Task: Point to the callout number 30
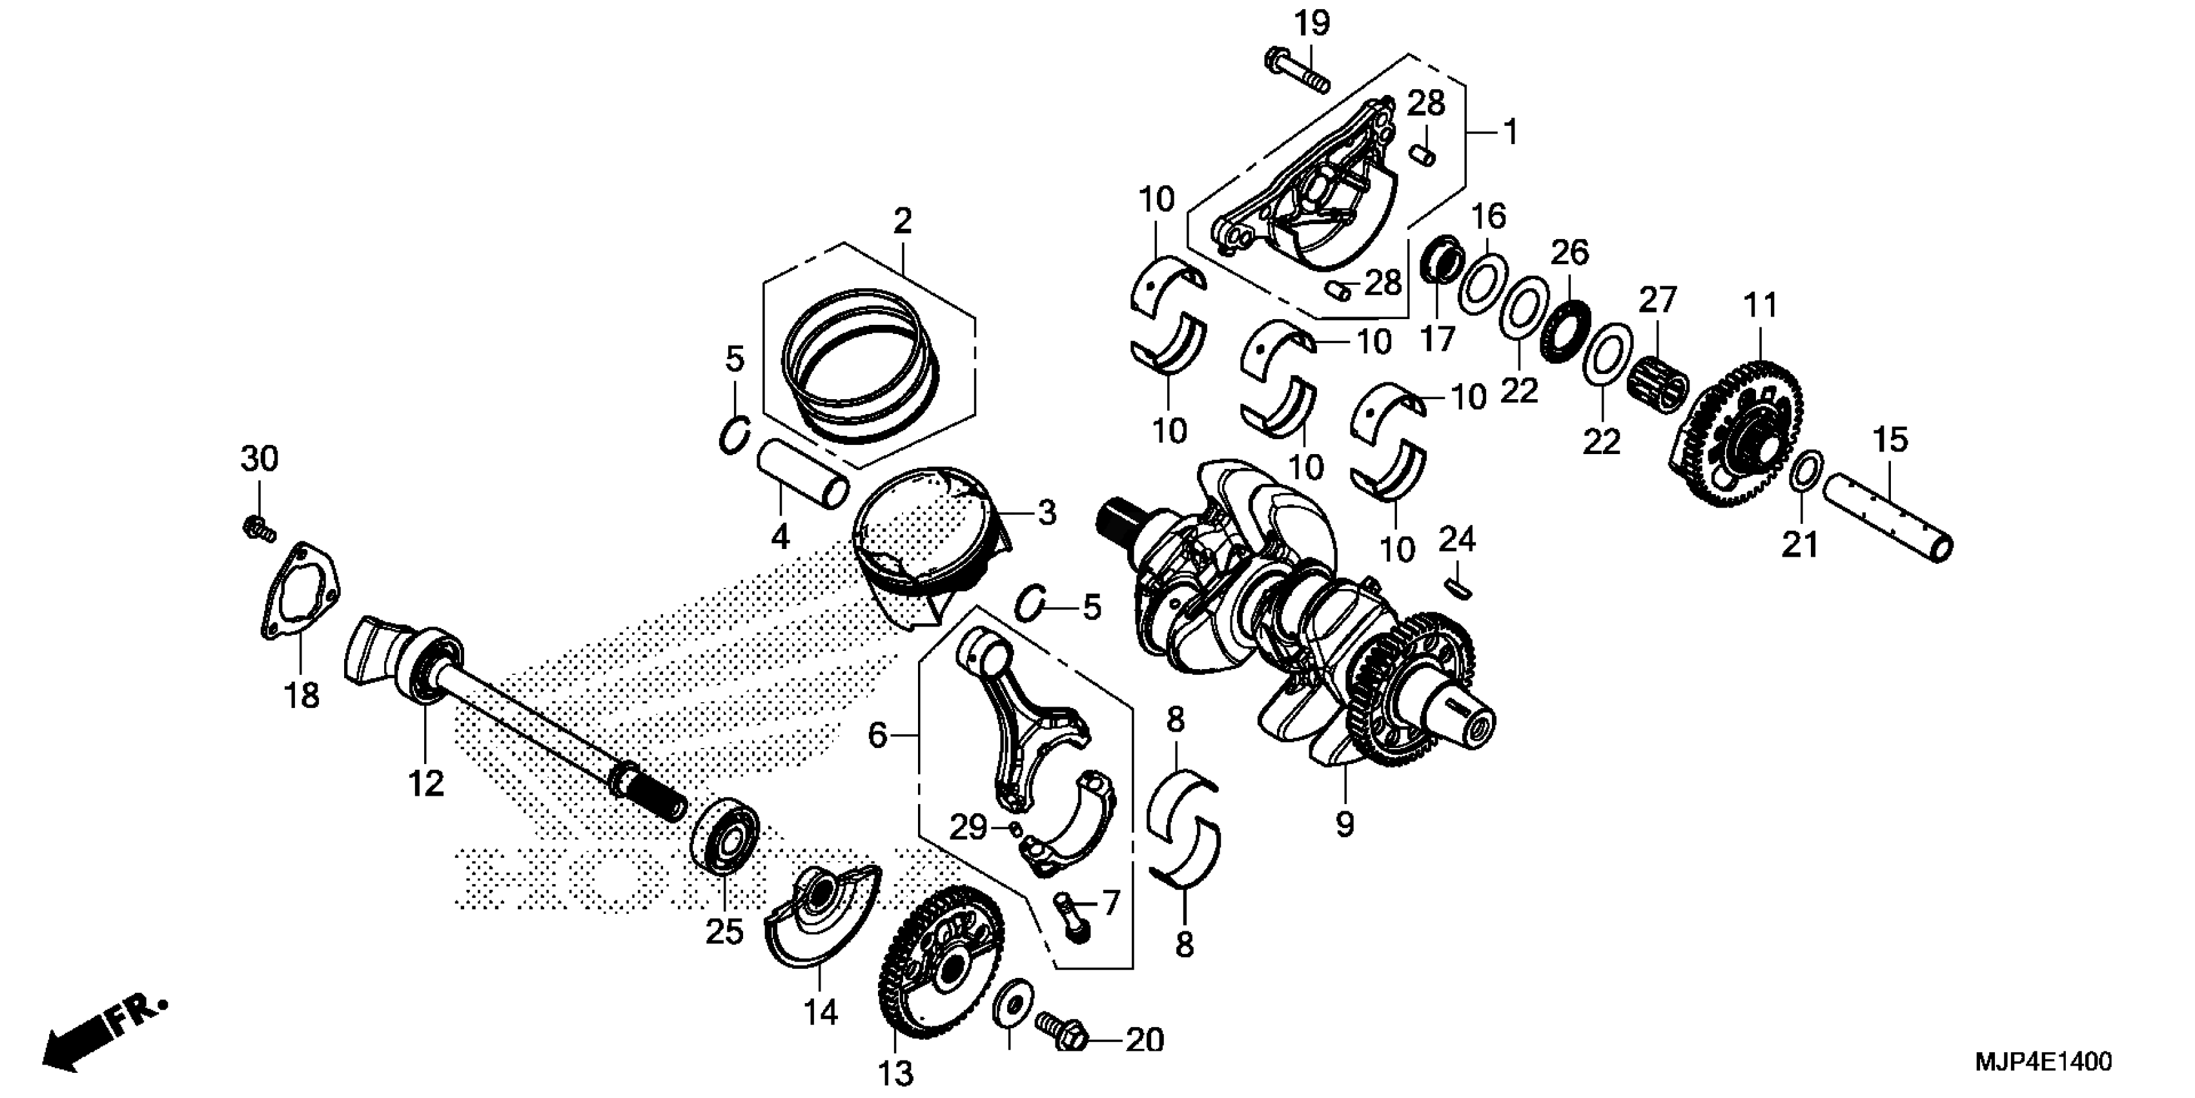click(x=259, y=459)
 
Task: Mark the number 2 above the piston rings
click(x=903, y=222)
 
